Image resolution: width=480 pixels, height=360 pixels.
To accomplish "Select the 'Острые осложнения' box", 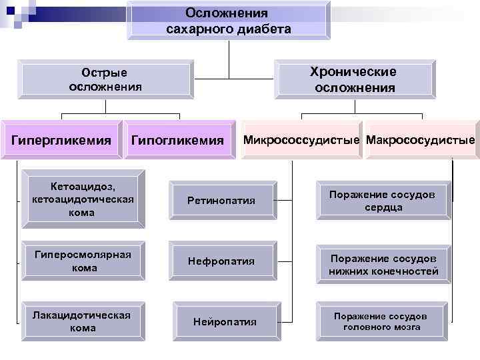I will (105, 79).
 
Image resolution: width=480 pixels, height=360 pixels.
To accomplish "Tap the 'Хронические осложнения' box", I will (354, 79).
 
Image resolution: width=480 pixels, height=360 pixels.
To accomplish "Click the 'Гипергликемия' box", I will (60, 140).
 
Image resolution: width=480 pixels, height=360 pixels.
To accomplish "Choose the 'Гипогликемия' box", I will (178, 140).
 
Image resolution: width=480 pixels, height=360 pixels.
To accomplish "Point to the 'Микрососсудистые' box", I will (302, 140).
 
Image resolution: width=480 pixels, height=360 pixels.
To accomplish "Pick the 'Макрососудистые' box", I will (421, 140).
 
